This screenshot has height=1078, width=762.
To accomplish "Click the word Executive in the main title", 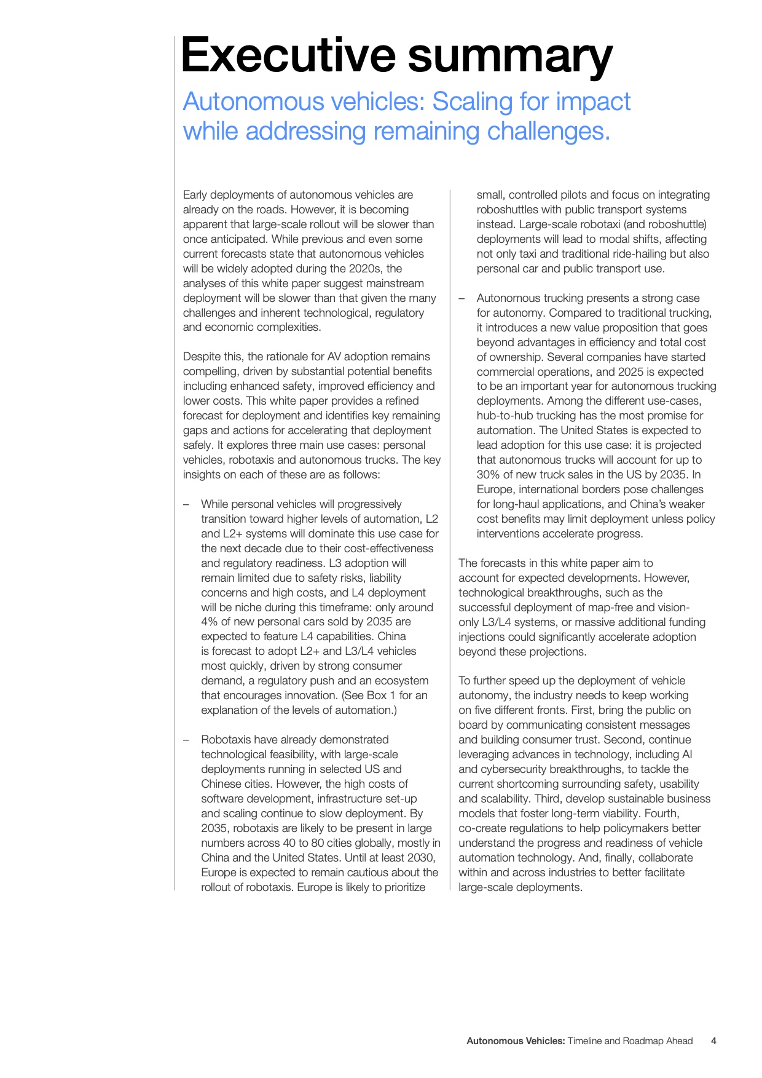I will click(289, 55).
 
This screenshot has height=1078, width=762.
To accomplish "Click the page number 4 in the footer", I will click(713, 1041).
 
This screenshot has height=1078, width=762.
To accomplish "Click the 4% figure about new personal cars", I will click(210, 622).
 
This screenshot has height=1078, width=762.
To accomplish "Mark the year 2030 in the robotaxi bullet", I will click(422, 858).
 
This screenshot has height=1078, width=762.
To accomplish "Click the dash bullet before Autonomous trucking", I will click(462, 298).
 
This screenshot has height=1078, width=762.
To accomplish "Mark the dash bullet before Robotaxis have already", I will click(186, 740).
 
